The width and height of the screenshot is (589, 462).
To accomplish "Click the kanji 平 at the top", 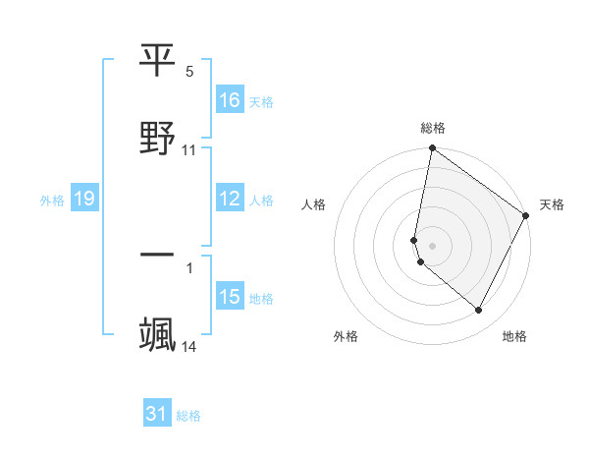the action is [158, 61].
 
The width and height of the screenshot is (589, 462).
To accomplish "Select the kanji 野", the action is [158, 137].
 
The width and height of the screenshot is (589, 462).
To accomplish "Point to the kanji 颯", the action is [158, 333].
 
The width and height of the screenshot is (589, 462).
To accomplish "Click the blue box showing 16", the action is [230, 100].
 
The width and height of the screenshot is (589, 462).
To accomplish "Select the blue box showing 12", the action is [230, 199].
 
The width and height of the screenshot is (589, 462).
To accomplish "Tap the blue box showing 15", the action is [230, 297].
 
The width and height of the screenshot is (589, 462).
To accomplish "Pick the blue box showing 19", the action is [83, 200].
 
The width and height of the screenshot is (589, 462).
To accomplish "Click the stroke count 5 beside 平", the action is [189, 71].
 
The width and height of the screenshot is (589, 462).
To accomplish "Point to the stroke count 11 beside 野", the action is [189, 150].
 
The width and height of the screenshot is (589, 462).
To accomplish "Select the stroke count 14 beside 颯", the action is [189, 346].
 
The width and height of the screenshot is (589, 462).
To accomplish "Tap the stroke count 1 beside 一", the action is [189, 267].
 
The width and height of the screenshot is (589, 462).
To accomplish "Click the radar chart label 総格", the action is [433, 128].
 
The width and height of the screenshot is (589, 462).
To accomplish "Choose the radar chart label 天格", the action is [552, 204].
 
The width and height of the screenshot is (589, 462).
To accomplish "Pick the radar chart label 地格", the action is [514, 336].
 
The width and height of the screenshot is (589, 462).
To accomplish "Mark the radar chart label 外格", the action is [346, 336].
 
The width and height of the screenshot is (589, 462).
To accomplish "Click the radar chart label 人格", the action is [314, 204].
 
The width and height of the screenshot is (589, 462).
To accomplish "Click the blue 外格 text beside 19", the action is [52, 201].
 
